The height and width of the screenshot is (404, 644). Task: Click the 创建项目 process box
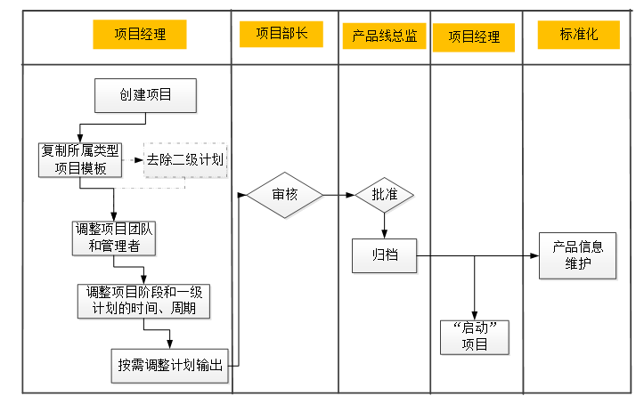click(146, 96)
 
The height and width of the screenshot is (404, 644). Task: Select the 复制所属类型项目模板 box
click(80, 160)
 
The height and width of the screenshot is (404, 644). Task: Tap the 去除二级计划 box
click(185, 160)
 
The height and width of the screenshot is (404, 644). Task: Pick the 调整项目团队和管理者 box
click(114, 238)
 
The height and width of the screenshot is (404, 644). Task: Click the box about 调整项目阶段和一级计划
click(144, 301)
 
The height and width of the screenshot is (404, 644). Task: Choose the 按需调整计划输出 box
click(172, 365)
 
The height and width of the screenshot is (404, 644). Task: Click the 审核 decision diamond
click(285, 194)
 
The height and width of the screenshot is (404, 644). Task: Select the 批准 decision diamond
click(385, 194)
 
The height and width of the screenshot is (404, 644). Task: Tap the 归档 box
click(385, 256)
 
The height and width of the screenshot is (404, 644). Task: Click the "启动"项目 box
click(476, 337)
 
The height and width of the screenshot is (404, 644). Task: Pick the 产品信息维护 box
click(577, 255)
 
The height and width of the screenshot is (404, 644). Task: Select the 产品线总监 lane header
click(385, 36)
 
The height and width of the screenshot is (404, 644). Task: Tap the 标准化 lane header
click(577, 35)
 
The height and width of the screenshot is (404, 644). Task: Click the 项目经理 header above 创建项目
click(140, 35)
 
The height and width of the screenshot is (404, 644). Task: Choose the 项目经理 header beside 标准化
click(474, 37)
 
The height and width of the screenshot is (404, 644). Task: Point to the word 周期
click(195, 309)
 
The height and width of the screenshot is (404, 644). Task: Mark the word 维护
click(577, 263)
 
